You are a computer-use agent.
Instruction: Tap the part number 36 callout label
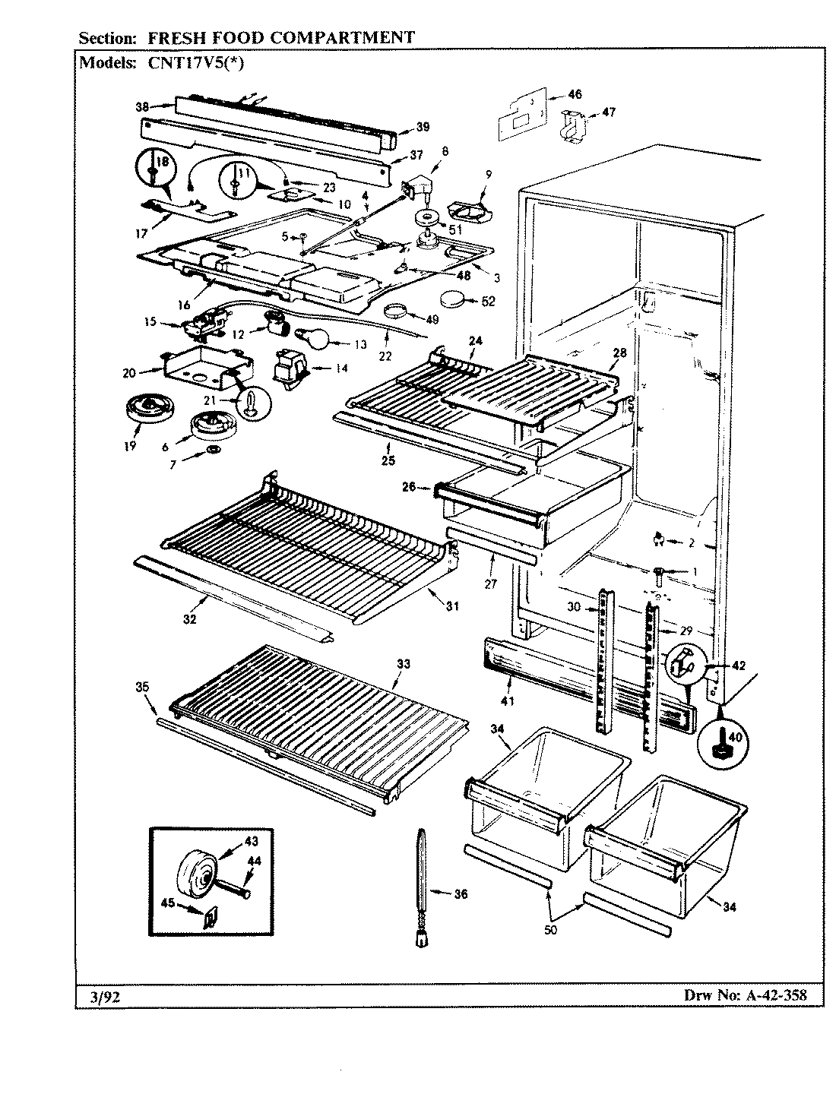[x=461, y=894]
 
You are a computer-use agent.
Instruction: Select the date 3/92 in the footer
[x=95, y=996]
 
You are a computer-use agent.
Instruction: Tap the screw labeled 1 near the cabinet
[x=658, y=572]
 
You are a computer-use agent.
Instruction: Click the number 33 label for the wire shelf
[x=403, y=663]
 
